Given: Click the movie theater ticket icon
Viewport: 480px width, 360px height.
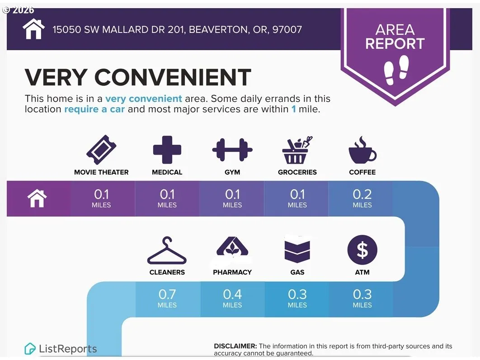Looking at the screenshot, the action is pos(101,150).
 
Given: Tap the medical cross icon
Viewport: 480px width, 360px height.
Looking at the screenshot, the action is pos(167,150).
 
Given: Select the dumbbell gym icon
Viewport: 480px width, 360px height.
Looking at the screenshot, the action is pos(232,150).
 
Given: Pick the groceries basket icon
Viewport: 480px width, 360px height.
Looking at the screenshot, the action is pos(297,150).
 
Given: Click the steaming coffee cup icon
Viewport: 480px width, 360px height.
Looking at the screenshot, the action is pos(362,150).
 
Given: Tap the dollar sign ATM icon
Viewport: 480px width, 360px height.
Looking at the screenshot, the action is pos(362,250).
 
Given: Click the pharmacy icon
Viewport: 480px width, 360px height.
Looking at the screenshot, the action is pos(232,246).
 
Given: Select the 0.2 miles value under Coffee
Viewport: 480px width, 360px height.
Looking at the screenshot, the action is pos(362,198).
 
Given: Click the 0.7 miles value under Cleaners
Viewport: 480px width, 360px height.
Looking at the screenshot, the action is pos(167,298).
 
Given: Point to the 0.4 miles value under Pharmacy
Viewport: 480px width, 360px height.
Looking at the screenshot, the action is pos(232,298).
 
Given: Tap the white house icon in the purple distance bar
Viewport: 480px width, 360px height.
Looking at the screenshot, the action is pos(37,198).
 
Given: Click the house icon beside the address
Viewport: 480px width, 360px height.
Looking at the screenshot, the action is pos(34,29).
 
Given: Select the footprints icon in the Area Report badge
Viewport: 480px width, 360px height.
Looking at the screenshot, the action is pos(396,70).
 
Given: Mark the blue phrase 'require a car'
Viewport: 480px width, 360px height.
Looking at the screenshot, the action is pos(94,109).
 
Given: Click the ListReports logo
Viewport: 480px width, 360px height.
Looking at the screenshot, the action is pos(61,349).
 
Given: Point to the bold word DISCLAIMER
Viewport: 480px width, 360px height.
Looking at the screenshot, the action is pos(235,346).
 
